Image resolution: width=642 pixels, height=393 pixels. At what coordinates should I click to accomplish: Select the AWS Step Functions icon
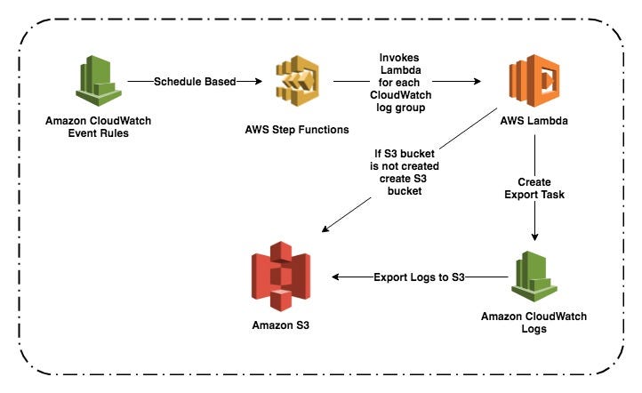(297, 82)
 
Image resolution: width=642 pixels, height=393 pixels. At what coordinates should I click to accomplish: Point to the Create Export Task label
(534, 188)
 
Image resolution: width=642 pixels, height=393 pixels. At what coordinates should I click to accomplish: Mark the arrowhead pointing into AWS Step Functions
(259, 82)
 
